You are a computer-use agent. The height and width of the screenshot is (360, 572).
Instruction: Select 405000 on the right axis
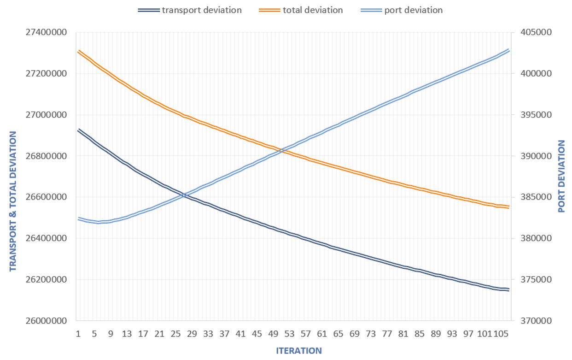pos(536,33)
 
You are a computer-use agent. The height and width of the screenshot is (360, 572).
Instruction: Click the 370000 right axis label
pos(536,321)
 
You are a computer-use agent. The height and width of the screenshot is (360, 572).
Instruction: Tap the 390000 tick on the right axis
pos(536,156)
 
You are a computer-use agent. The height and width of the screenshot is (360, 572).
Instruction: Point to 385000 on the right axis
pos(536,197)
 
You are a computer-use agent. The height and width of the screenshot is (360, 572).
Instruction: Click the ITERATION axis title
pos(299,351)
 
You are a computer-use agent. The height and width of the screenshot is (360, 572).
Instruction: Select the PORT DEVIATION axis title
pos(561,177)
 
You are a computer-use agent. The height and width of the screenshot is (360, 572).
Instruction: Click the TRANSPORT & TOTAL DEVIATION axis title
pos(13,201)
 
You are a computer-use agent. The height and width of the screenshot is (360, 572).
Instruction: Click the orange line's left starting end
pos(79,51)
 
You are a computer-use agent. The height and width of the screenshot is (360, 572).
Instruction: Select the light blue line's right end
pos(509,50)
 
